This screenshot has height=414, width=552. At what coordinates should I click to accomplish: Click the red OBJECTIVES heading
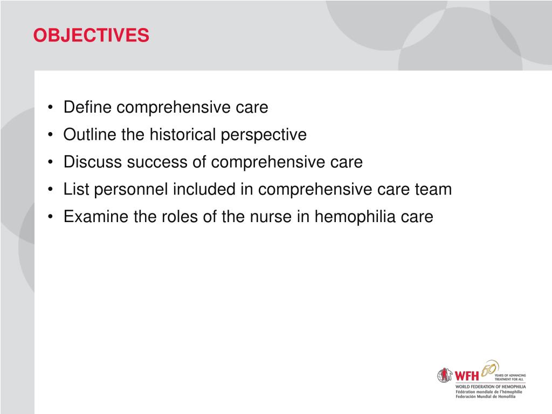coord(91,36)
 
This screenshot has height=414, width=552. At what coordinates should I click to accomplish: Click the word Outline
coord(90,135)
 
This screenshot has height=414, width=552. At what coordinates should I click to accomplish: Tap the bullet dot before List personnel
coord(50,190)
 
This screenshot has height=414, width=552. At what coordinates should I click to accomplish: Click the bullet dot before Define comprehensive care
coord(50,108)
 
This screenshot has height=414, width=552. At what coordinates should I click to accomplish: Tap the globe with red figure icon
coord(445,375)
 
